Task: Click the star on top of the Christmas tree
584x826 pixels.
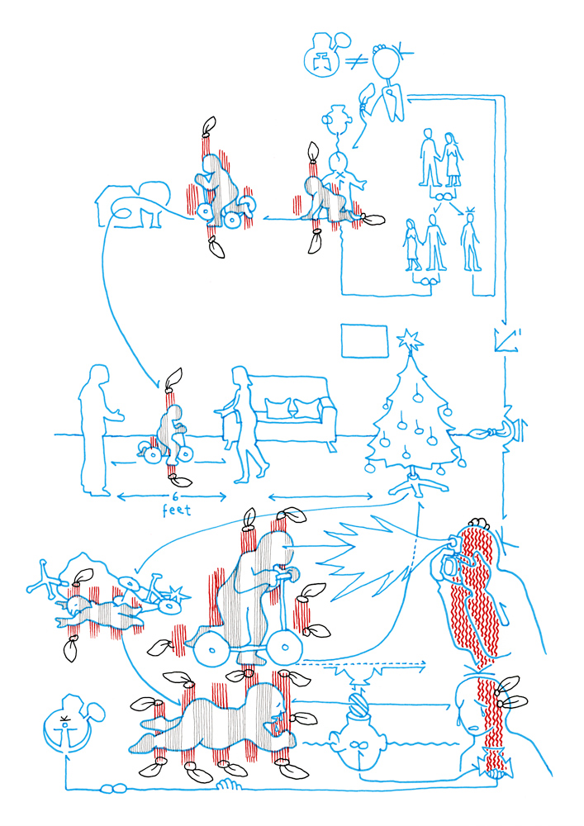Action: click(x=410, y=339)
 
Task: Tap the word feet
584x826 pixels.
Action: click(x=177, y=510)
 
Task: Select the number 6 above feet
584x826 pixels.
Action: click(x=175, y=496)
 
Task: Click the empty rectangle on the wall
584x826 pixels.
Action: click(x=364, y=341)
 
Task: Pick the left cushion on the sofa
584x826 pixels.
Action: click(x=278, y=408)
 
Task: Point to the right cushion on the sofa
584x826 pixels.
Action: click(x=306, y=408)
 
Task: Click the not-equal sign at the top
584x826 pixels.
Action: click(x=357, y=62)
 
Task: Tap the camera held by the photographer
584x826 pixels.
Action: click(x=450, y=563)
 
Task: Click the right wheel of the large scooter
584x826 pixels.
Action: click(x=286, y=647)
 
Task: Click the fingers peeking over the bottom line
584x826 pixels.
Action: click(x=229, y=784)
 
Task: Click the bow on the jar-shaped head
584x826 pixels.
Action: click(x=358, y=746)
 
